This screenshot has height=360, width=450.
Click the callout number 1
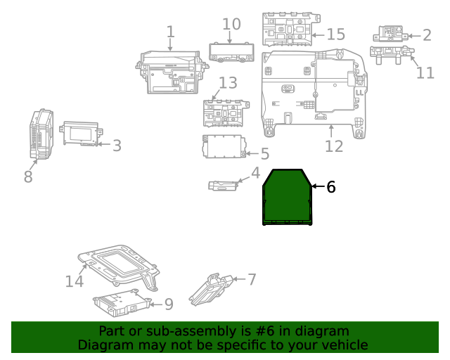[170, 32]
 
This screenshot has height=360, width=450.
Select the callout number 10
[231, 24]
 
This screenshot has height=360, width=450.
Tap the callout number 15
[336, 34]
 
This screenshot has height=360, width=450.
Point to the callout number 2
[426, 34]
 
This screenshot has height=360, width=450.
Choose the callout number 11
[425, 72]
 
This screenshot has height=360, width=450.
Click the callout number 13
[228, 84]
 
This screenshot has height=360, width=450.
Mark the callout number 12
[334, 146]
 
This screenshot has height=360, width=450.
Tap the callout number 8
[28, 176]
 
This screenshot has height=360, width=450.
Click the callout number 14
[75, 281]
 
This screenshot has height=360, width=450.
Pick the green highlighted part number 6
[287, 198]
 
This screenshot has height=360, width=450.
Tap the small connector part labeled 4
[224, 185]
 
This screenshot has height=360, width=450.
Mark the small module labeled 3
[82, 134]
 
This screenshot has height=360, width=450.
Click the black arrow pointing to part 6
[317, 186]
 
